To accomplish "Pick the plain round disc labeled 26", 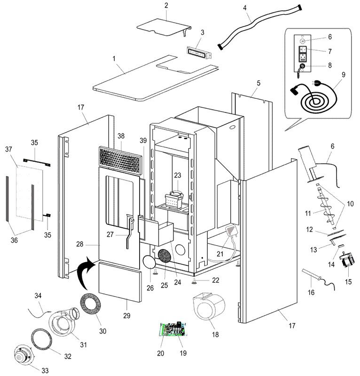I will tap(149, 262).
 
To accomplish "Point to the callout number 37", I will tap(8, 149).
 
